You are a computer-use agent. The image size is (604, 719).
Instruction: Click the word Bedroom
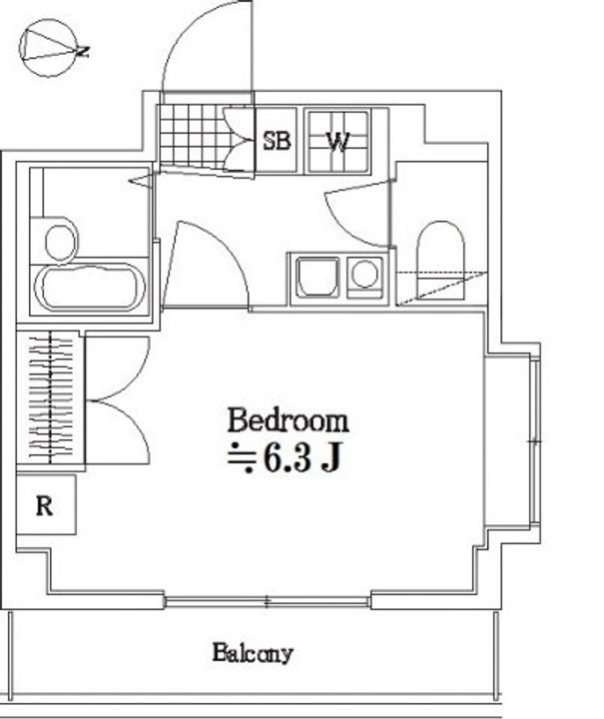(x=288, y=420)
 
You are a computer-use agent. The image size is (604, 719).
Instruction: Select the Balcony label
(x=253, y=653)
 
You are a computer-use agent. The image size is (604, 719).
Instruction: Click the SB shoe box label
(x=277, y=141)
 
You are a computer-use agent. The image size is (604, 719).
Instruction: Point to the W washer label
(x=338, y=142)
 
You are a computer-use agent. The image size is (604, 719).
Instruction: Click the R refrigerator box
(x=46, y=504)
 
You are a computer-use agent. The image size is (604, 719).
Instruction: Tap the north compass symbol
(x=50, y=48)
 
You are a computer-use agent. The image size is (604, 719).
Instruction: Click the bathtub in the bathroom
(x=90, y=287)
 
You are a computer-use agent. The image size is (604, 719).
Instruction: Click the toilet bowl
(x=440, y=261)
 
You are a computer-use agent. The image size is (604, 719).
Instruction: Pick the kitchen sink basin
(x=318, y=278)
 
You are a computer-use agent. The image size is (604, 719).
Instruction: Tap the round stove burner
(x=364, y=274)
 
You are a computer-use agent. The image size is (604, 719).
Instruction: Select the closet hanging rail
(x=50, y=398)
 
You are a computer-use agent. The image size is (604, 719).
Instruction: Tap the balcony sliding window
(x=268, y=601)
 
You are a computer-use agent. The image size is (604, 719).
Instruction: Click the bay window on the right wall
(x=535, y=441)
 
